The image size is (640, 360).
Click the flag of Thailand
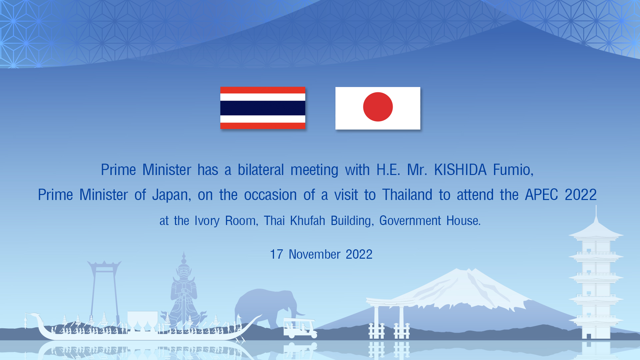[263, 108]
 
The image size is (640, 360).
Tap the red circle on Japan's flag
[378, 107]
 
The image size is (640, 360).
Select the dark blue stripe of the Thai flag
[263, 108]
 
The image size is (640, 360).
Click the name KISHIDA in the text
[460, 170]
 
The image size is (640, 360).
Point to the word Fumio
[513, 170]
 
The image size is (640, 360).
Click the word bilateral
[261, 170]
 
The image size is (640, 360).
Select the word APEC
[541, 195]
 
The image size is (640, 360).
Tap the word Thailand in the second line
[407, 195]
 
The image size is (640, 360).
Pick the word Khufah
[307, 220]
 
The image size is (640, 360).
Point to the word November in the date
[314, 254]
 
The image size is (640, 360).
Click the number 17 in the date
[276, 254]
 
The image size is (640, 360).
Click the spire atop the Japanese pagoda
[596, 213]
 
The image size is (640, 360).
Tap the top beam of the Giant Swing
[104, 265]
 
